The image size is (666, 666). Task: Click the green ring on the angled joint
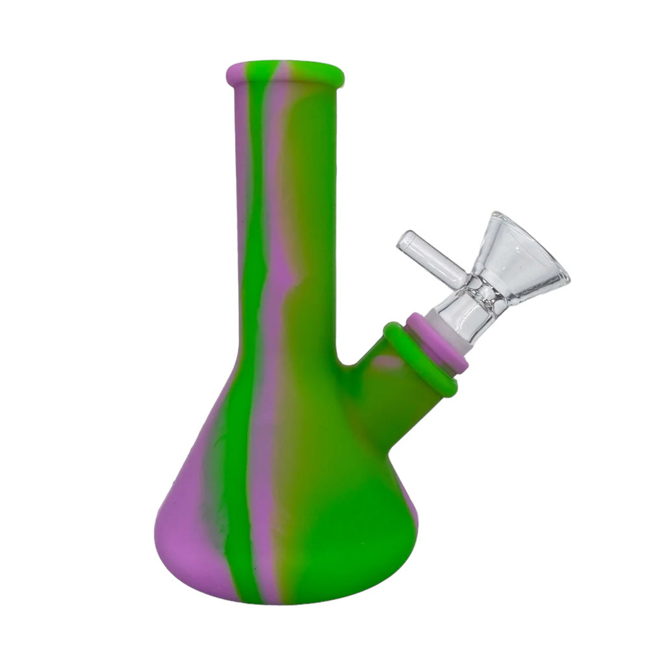[420, 359]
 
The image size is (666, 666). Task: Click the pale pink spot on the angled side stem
[388, 362]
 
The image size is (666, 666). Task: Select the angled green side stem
[384, 397]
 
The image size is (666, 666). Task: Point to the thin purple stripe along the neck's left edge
[241, 195]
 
